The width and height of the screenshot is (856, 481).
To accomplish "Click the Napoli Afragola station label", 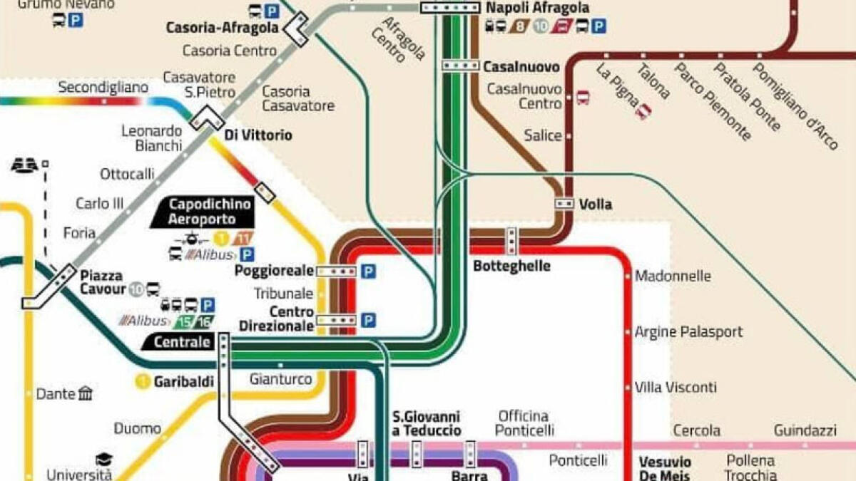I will (x=537, y=9).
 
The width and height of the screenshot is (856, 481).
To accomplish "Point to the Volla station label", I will (x=595, y=205).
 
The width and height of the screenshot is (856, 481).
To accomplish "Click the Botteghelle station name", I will (x=511, y=266).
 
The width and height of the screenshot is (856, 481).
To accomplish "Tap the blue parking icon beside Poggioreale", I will (x=367, y=271).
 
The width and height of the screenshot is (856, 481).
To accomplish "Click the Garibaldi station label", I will (x=183, y=382).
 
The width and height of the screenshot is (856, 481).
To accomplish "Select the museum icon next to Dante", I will (x=86, y=393).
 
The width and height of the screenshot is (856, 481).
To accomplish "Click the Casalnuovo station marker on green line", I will (x=460, y=66).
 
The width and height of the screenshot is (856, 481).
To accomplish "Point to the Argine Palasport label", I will (x=688, y=332).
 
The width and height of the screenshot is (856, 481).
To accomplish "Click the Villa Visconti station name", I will (x=676, y=388).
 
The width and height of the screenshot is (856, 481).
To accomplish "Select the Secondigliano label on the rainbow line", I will (x=103, y=88).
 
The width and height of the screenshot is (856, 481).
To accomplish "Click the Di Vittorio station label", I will (x=258, y=135).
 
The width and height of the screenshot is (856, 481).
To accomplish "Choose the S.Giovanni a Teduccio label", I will (x=427, y=423).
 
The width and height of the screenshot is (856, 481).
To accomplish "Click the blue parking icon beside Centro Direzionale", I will (x=367, y=321).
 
